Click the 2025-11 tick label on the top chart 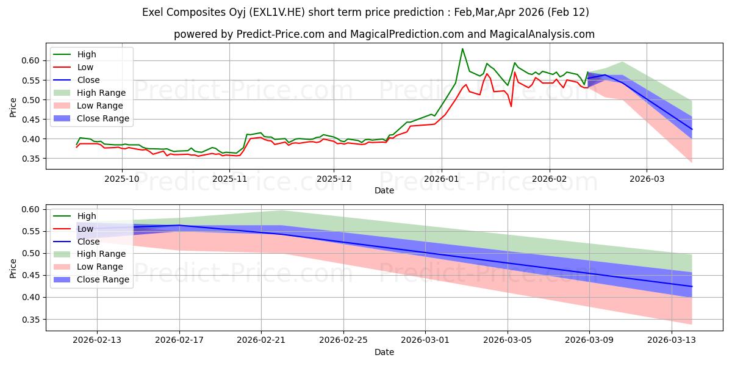(229, 179)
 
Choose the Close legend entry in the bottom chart (89, 242)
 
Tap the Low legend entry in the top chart (86, 67)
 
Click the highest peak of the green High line (462, 49)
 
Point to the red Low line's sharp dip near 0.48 (511, 106)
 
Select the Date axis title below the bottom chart (384, 352)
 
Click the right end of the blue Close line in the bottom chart (692, 286)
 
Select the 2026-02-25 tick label (343, 340)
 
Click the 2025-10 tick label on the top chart (122, 179)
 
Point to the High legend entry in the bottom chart (87, 216)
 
